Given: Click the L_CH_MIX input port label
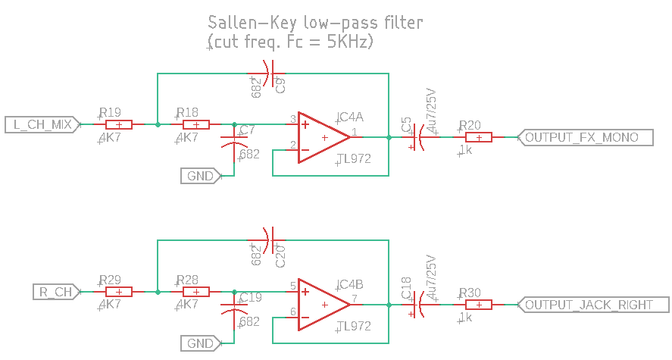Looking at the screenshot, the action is [x=42, y=125].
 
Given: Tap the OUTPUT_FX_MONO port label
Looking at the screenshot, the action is [x=585, y=138].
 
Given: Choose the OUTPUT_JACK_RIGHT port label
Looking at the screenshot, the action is [x=593, y=305].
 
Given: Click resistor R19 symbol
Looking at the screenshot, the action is [x=119, y=125].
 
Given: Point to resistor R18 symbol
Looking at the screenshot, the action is [x=196, y=125].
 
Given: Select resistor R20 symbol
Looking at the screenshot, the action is [x=479, y=138].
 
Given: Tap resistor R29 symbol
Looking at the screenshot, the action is [x=119, y=292].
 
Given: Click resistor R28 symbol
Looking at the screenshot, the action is [x=196, y=292].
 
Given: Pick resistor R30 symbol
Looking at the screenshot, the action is [x=479, y=305].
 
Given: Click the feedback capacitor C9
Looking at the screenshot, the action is [x=270, y=74].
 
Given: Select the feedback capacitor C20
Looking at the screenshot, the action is [x=270, y=240].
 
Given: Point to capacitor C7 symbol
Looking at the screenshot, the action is [x=234, y=142].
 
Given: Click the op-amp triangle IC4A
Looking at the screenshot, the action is [x=324, y=138].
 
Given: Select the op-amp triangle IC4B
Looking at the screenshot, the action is [x=324, y=305].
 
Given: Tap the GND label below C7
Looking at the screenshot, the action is [x=201, y=176].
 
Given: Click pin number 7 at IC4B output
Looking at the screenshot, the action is [x=355, y=299].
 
